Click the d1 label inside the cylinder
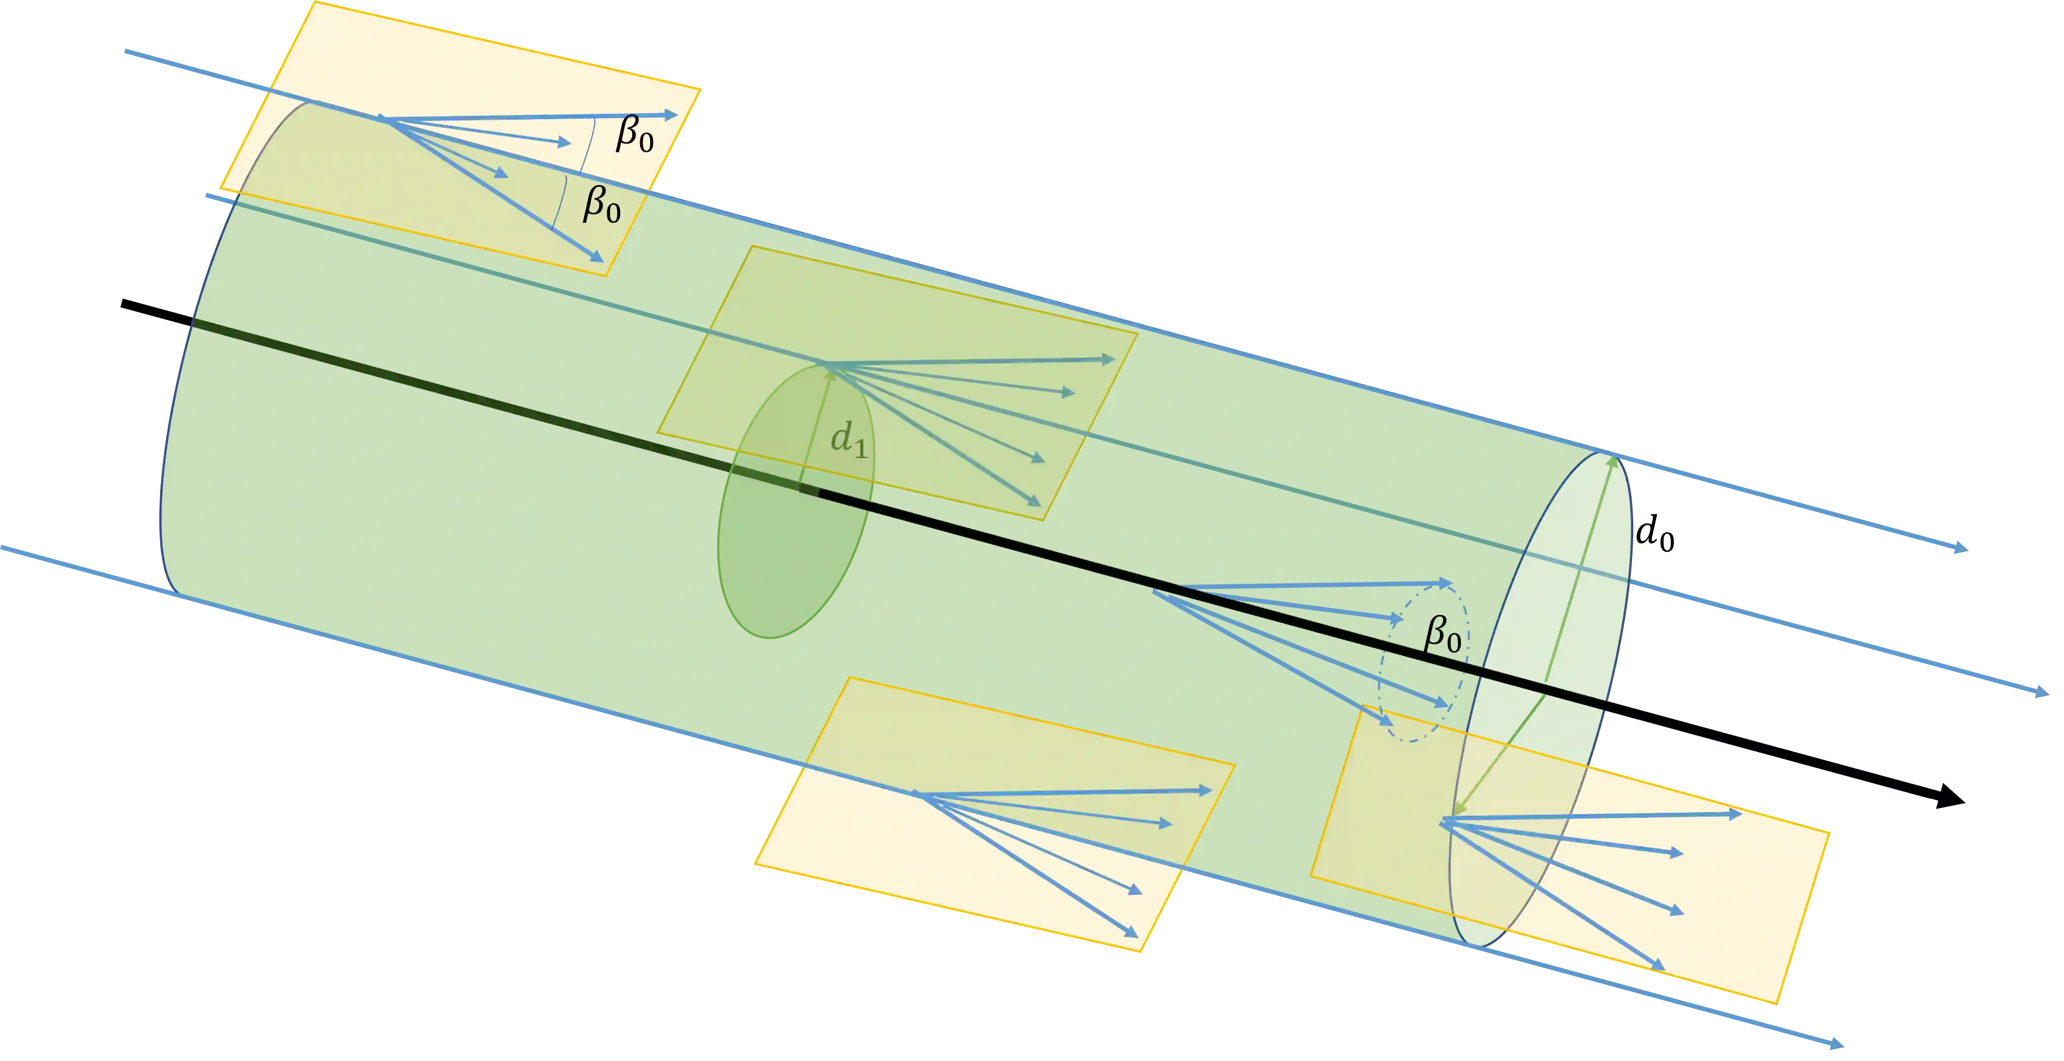click(848, 440)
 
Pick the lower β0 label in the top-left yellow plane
click(601, 204)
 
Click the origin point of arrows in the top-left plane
click(382, 120)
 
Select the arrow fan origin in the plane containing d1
click(825, 366)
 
